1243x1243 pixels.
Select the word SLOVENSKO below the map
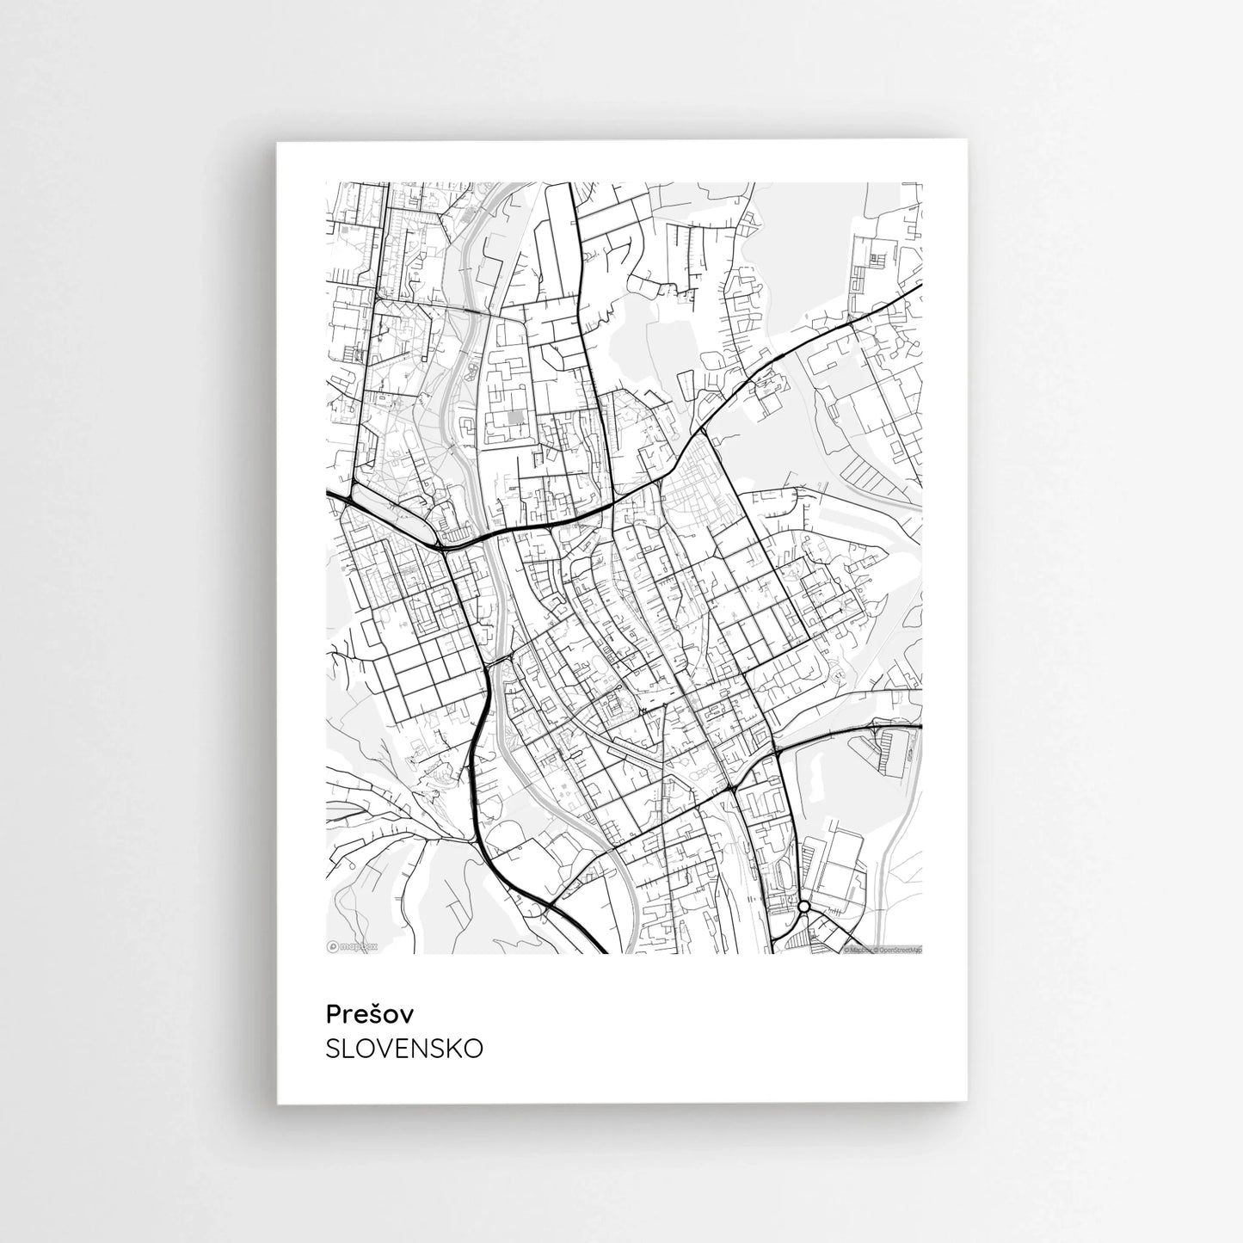click(x=404, y=1049)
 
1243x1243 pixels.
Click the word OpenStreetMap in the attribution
click(x=900, y=951)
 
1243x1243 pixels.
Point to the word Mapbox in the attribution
click(x=859, y=951)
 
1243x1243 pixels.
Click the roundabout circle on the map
click(x=803, y=907)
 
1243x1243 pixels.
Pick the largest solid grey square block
click(x=516, y=417)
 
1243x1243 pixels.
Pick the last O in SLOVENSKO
click(x=472, y=1049)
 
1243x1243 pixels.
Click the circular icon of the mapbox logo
click(x=333, y=946)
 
